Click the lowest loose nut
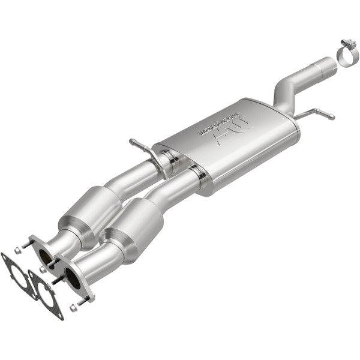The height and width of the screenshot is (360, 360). (x=73, y=308)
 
